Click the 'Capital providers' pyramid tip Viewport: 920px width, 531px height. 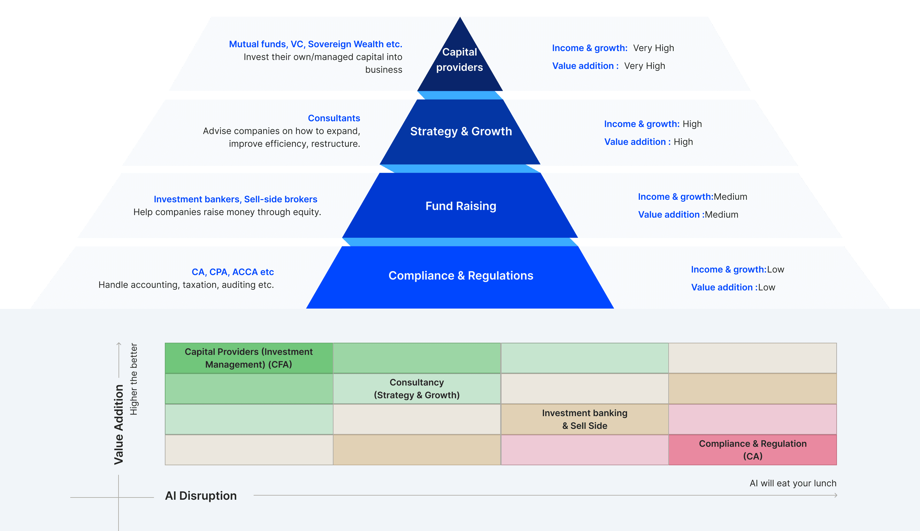[460, 59]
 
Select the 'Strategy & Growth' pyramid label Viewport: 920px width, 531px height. [461, 131]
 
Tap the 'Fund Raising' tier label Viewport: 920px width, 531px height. [461, 206]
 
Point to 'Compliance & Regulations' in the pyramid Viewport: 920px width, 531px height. [461, 276]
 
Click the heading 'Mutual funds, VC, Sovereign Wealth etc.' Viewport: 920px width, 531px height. [315, 44]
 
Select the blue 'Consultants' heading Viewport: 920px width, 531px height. [334, 118]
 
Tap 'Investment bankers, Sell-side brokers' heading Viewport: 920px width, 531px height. [235, 199]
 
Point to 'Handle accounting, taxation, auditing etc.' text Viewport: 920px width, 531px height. [186, 285]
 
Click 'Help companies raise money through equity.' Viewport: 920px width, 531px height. [227, 212]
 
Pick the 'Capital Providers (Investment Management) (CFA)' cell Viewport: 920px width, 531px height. [249, 358]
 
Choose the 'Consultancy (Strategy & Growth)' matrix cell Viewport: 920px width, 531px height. [417, 389]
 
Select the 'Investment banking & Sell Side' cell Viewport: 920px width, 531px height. [585, 419]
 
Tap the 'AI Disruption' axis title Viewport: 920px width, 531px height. [201, 496]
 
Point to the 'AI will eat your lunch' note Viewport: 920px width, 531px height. [793, 483]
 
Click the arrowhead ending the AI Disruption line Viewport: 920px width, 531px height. [835, 495]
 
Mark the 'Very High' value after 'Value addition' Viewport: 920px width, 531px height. [644, 66]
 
